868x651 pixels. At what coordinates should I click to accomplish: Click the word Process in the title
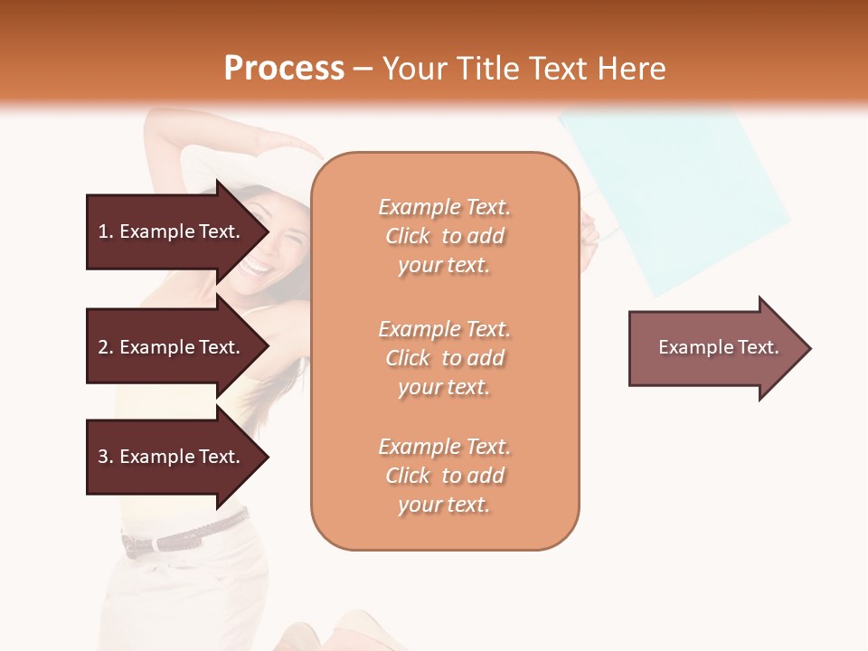tap(284, 69)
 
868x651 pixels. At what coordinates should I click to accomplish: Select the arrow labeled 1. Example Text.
tap(172, 231)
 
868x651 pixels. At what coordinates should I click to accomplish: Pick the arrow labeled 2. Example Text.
tap(172, 347)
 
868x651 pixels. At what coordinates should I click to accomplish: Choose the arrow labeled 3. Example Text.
tap(172, 457)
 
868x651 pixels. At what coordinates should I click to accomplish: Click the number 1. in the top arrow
tap(106, 232)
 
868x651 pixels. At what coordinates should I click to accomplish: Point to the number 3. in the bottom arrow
tap(106, 458)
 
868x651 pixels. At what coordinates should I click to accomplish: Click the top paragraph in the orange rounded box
tap(444, 236)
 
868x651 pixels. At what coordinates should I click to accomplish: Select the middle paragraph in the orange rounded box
tap(444, 358)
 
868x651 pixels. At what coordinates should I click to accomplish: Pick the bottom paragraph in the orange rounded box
tap(444, 476)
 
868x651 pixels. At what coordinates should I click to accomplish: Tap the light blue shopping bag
tap(674, 194)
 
